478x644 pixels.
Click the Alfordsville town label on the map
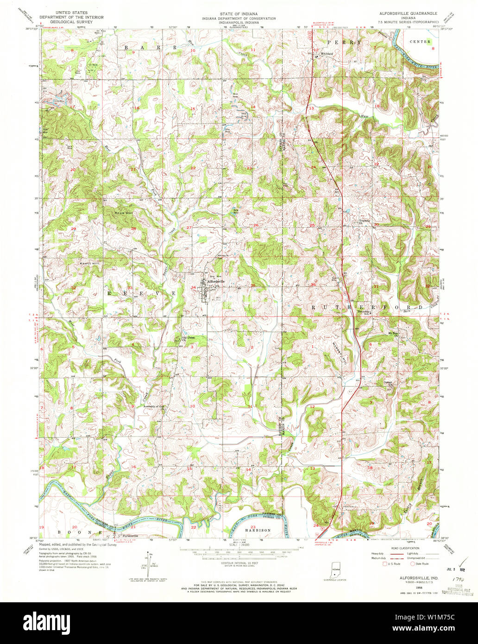pyautogui.click(x=216, y=281)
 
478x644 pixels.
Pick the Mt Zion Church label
pyautogui.click(x=393, y=332)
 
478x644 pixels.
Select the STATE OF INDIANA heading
pyautogui.click(x=239, y=14)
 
